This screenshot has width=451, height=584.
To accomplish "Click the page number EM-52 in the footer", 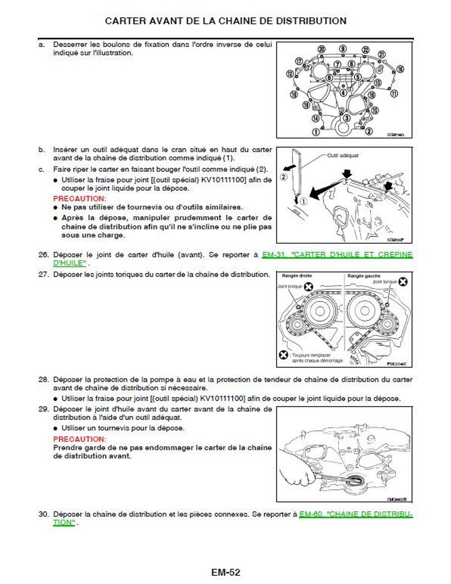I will pos(225,572).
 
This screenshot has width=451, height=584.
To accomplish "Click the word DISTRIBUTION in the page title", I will pos(311,21).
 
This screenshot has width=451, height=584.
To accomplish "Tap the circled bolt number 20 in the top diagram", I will pos(322,49).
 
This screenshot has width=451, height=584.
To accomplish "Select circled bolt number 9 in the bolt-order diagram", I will pos(343,49).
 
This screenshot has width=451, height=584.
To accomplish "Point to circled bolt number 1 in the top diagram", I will pos(316,132).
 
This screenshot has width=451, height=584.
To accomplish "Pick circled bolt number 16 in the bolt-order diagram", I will pos(400,69).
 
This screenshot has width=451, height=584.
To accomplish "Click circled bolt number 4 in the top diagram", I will pos(343,93).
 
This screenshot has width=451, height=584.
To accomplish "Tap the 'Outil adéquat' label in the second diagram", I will pos(343,156).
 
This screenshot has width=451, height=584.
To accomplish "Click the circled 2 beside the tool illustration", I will pos(284,177).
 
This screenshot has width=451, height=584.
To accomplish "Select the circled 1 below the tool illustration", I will pos(304,201).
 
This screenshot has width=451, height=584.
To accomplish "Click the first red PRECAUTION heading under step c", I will pos(79,198).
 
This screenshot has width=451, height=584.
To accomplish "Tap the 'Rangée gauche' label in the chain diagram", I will pos(364,276).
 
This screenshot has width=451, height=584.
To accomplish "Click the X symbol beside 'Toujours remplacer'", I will pos(283,355).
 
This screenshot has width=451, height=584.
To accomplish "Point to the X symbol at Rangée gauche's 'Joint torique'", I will pos(403,282).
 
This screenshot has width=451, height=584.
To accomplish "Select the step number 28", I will pos(43,380).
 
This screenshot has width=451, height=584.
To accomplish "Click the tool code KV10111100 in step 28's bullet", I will pos(222,399).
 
